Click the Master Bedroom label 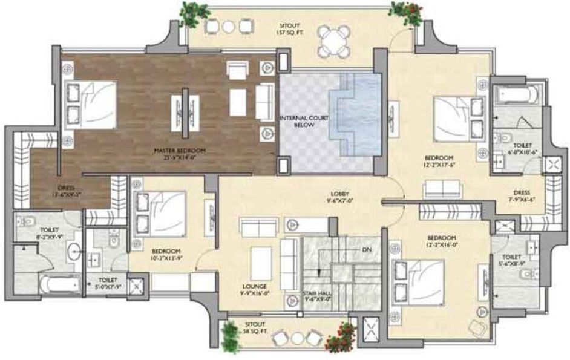click(x=180, y=153)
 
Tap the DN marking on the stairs click(x=366, y=249)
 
